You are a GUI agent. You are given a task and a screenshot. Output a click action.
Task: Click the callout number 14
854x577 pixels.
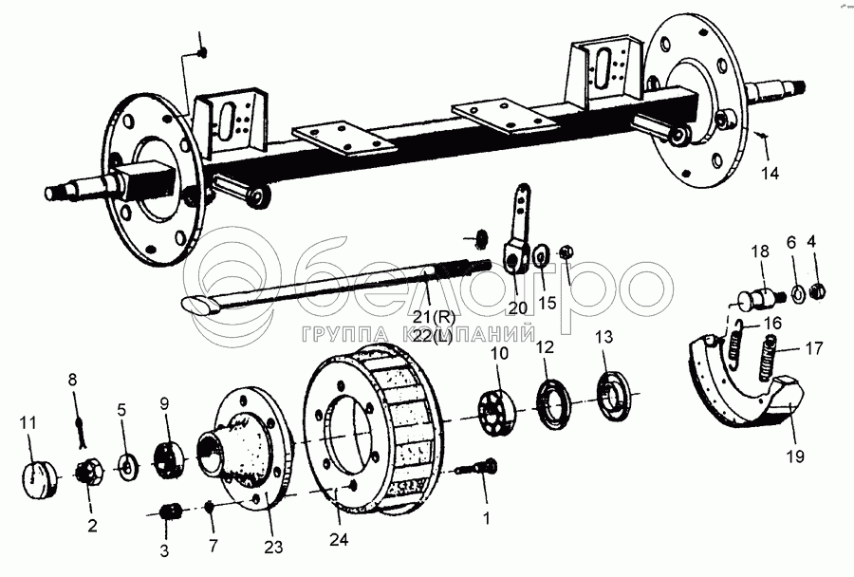coord(770,174)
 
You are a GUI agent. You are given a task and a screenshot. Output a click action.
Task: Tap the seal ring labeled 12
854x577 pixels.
coord(552,400)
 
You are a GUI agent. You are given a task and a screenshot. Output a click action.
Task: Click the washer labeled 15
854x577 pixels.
coord(542,254)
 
